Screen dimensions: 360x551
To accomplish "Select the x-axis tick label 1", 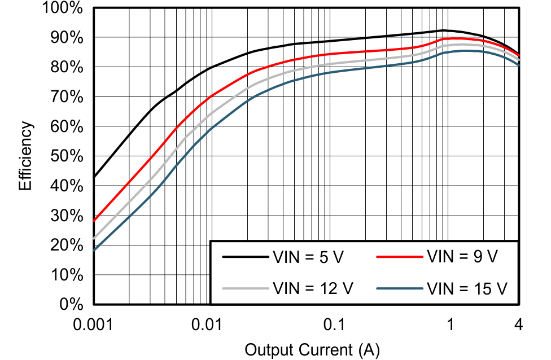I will click(450, 325).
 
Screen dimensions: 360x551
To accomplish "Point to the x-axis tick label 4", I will click(518, 325).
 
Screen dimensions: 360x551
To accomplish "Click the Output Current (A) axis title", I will click(312, 350).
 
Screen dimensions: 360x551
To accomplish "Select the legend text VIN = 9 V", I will click(462, 257).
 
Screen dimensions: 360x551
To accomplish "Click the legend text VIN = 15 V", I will click(466, 288).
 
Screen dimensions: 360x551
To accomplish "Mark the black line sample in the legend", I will click(244, 257).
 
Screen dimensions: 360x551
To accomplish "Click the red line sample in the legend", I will click(399, 257).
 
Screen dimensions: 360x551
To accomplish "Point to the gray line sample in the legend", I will click(244, 288).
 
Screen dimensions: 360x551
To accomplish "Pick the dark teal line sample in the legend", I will click(399, 288).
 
